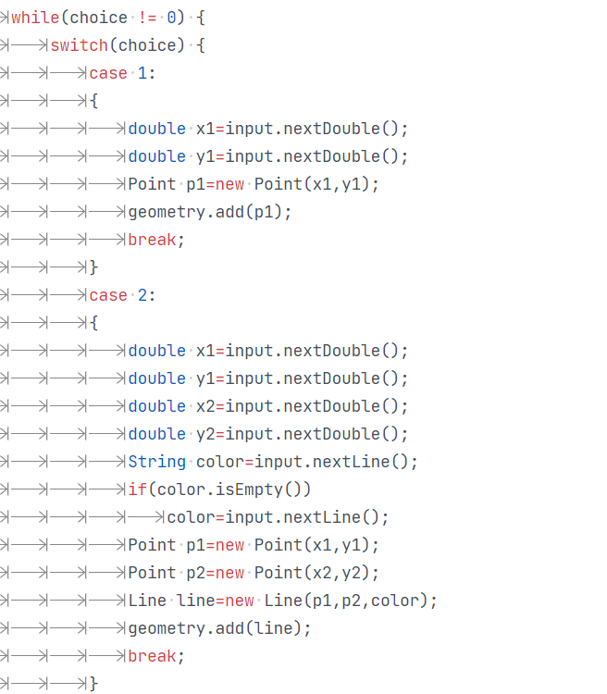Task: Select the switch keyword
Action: coord(79,45)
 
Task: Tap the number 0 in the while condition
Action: coord(171,18)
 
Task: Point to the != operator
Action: coord(147,18)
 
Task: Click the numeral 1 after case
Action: coord(142,73)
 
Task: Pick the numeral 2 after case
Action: coord(142,295)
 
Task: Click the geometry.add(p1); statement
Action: coord(210,212)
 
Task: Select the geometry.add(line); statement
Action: coord(219,628)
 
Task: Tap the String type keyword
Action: coord(156,462)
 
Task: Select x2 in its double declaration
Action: coord(205,406)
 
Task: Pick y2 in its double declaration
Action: coord(205,434)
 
